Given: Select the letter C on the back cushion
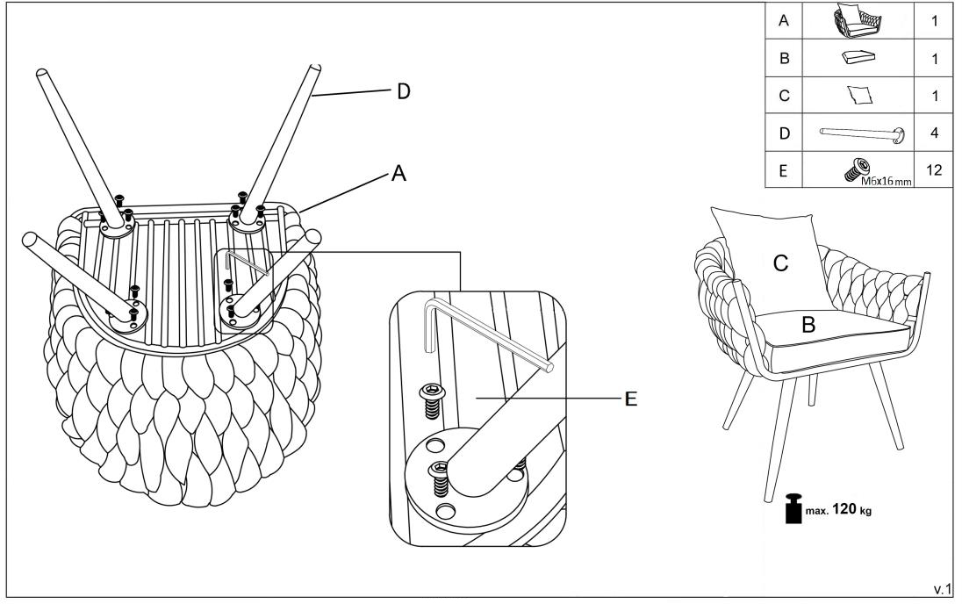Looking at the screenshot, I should [779, 262].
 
